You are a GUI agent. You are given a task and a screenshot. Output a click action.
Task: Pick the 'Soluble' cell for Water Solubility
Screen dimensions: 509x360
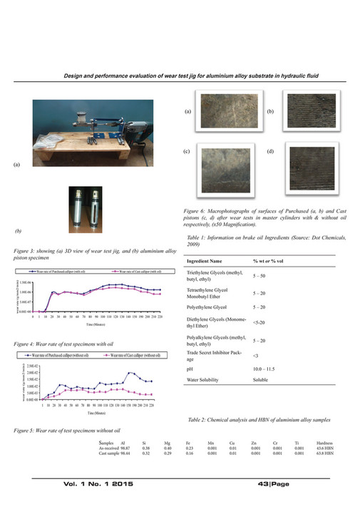click(x=262, y=381)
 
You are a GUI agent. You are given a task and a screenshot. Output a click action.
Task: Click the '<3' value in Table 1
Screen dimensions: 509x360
click(x=257, y=354)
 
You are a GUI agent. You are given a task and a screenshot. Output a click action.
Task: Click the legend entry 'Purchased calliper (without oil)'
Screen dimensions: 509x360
click(x=53, y=354)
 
